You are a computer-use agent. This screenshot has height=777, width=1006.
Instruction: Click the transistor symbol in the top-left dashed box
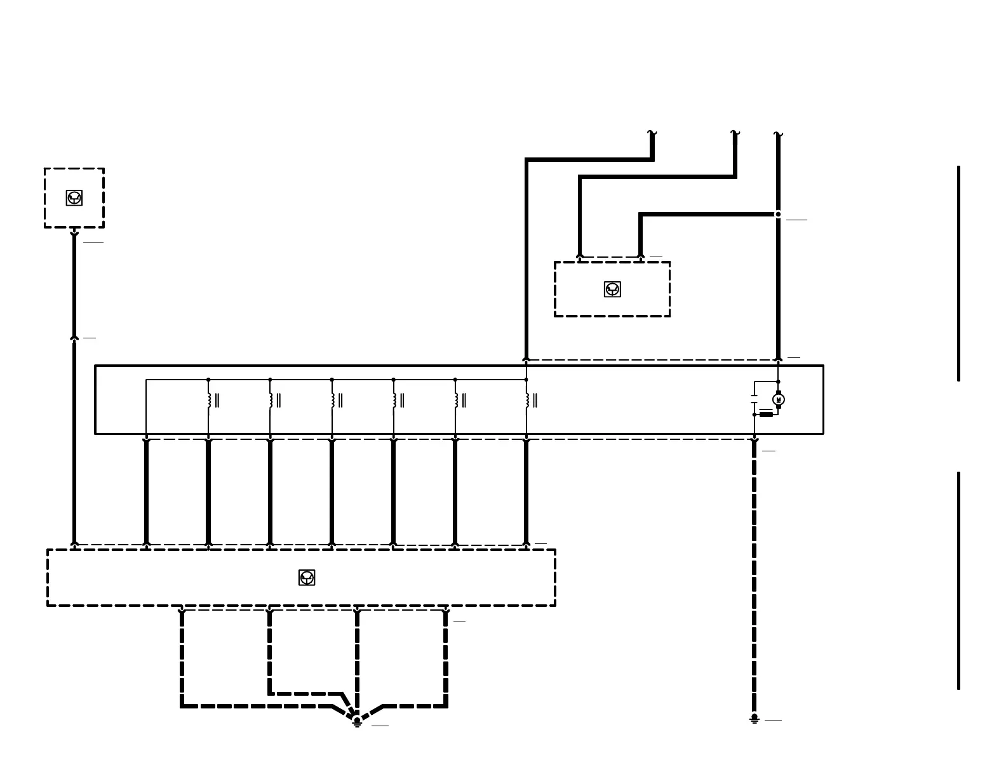pos(74,198)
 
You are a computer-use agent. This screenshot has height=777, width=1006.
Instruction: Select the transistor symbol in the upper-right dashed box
pos(612,289)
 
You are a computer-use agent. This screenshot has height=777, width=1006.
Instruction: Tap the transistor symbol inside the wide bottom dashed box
pos(307,578)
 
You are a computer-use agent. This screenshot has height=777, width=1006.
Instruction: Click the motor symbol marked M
pos(779,399)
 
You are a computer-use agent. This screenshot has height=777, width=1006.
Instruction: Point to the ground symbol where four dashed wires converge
pos(357,721)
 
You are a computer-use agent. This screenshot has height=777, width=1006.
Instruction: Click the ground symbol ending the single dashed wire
pos(754,719)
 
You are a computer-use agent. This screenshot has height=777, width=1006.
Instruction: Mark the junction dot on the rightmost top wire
pos(778,215)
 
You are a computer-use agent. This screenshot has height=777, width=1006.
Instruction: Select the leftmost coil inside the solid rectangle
pos(209,400)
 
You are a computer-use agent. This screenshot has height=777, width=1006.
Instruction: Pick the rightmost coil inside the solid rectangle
pos(527,400)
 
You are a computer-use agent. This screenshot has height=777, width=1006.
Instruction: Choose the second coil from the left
pos(271,400)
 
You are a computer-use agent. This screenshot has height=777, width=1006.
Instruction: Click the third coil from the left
pos(332,400)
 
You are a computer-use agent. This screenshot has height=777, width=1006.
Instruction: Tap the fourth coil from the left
pos(394,400)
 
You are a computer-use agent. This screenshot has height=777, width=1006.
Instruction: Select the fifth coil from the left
pos(455,400)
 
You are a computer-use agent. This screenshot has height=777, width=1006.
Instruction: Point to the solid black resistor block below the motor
pos(767,415)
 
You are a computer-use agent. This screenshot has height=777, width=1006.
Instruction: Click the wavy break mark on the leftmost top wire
pos(652,133)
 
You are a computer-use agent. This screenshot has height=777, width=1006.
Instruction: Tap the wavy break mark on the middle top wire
pos(735,133)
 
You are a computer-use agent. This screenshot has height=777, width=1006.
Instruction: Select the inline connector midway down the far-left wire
pos(74,338)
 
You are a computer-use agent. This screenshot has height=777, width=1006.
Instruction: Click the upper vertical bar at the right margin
pos(958,273)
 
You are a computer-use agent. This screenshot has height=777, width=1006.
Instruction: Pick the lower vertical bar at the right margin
pos(958,580)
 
